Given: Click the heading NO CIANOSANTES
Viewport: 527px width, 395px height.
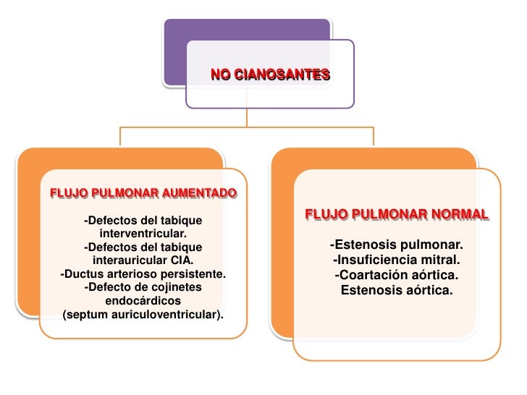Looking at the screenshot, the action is tap(270, 75).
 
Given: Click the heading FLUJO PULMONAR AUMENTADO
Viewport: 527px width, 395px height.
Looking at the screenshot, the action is tap(143, 193).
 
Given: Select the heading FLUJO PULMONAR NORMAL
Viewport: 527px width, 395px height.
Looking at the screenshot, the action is tap(397, 216).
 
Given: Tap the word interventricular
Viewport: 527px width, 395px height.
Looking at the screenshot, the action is tap(143, 234).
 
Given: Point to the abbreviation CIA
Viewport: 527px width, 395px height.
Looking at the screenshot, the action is tap(182, 260).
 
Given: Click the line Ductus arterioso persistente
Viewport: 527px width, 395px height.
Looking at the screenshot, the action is tap(143, 274).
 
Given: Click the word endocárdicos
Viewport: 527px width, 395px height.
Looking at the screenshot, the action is tap(143, 301).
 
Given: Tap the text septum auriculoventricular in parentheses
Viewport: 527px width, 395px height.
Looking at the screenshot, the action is tap(143, 315).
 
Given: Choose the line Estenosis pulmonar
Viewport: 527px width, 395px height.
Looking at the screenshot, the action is tap(397, 244).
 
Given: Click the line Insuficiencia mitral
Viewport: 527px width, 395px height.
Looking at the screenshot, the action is tap(397, 260).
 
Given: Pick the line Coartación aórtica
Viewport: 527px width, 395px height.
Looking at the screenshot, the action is tap(397, 276).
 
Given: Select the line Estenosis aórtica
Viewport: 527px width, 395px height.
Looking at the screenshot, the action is tap(397, 291).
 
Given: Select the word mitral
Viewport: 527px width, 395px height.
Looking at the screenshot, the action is tap(441, 260).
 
